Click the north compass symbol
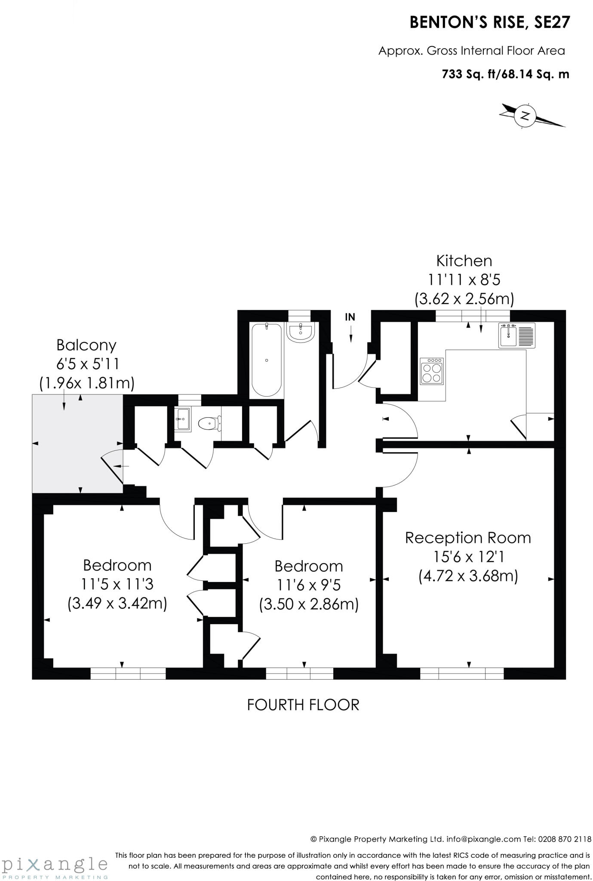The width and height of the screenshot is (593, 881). click(x=525, y=115)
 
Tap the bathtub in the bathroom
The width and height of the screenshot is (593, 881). click(x=267, y=360)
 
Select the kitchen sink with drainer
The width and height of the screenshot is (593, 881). click(x=517, y=335)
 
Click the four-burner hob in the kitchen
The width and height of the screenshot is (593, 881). click(x=432, y=371)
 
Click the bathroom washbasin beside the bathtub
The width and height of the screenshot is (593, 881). click(x=301, y=333)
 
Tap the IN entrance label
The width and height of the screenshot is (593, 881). click(x=350, y=317)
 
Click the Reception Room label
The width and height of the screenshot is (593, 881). click(x=468, y=538)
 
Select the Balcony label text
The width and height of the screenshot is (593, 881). click(x=86, y=345)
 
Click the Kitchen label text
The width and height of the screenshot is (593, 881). click(x=464, y=261)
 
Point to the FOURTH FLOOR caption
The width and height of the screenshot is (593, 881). click(x=303, y=705)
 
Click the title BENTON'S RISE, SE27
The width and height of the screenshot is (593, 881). click(x=490, y=22)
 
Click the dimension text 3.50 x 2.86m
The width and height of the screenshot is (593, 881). click(x=309, y=604)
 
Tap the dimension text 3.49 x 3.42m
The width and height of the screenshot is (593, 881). click(x=117, y=603)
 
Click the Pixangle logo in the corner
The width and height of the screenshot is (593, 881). click(x=55, y=865)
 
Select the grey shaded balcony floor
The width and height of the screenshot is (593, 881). click(x=77, y=443)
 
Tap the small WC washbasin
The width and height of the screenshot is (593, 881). click(x=183, y=419)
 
